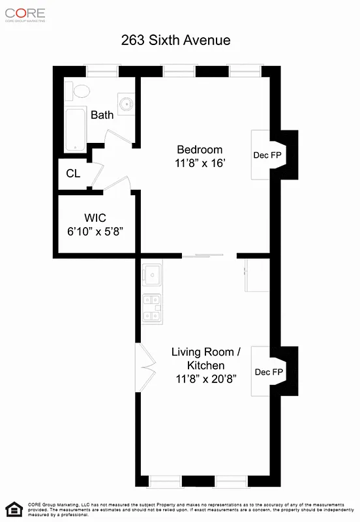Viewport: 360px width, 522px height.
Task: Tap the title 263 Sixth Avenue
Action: (x=175, y=40)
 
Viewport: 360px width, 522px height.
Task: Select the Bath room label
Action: (x=102, y=115)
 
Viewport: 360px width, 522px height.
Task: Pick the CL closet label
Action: (x=73, y=174)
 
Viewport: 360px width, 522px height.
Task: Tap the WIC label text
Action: (x=95, y=217)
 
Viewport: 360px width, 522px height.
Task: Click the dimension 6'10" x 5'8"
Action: (x=95, y=231)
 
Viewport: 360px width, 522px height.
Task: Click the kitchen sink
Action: (x=153, y=275)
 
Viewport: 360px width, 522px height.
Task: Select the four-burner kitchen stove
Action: (x=152, y=308)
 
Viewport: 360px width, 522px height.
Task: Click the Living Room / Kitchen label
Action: (x=205, y=358)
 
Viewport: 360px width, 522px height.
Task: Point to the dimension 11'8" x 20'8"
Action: (x=205, y=379)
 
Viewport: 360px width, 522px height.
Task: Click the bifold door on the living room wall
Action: (x=145, y=359)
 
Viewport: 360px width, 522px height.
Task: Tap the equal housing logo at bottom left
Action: (x=13, y=508)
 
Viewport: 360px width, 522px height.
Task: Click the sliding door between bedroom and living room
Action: (x=203, y=256)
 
